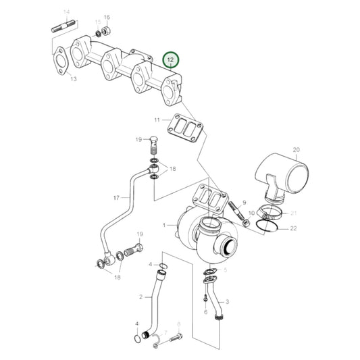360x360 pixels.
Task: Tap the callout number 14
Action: point(66,13)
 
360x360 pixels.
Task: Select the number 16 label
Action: point(107,17)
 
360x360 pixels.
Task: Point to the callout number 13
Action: point(73,79)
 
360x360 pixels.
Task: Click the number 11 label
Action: point(157,120)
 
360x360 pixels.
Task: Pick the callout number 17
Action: point(115,197)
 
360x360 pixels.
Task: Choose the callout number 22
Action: point(293,230)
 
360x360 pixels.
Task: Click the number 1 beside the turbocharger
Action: point(163,225)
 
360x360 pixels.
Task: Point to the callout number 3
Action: point(228,301)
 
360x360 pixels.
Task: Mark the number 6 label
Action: point(205,311)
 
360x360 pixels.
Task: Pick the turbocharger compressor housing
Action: point(216,241)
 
